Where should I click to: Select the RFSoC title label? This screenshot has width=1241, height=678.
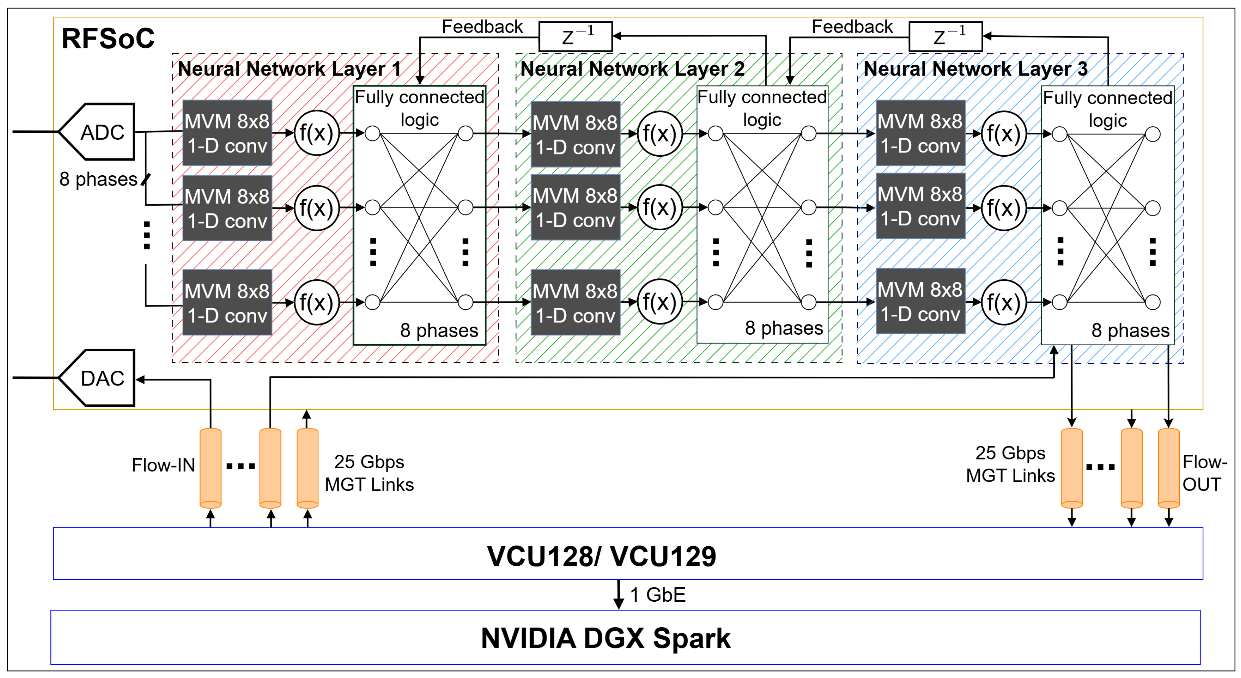(108, 39)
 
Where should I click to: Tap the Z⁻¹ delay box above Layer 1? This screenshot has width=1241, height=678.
(575, 36)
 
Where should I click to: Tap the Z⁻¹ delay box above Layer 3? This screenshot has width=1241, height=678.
(945, 36)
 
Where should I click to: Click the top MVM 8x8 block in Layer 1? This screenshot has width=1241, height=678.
(227, 133)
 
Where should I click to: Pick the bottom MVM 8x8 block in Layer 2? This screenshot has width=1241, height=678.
(575, 302)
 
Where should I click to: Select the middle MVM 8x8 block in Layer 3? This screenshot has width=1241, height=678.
(920, 206)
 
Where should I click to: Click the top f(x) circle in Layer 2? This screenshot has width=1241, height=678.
(660, 134)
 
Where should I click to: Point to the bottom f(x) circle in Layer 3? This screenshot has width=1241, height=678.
(1003, 302)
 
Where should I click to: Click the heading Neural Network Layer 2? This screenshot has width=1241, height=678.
(632, 69)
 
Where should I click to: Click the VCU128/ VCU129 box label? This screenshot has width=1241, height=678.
(601, 556)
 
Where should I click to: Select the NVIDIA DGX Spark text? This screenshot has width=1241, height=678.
(606, 638)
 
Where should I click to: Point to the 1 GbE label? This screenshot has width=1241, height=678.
(657, 595)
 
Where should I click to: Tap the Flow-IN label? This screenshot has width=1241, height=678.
(163, 465)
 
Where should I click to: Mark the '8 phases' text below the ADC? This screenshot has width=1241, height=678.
(98, 179)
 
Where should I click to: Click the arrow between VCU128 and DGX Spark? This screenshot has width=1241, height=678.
(619, 595)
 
